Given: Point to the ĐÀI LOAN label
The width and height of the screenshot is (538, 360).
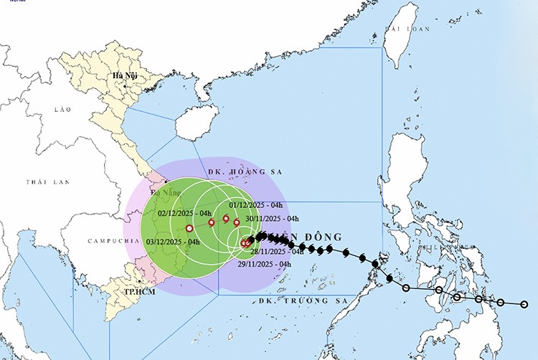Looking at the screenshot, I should (407, 29).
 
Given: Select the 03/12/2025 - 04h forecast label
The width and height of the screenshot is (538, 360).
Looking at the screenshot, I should (173, 242).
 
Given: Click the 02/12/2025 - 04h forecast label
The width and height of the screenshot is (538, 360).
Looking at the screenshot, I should (184, 213).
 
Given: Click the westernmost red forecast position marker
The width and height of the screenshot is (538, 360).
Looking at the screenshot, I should (189, 228).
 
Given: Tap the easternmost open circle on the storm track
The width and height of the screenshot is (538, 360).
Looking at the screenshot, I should (524, 305).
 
